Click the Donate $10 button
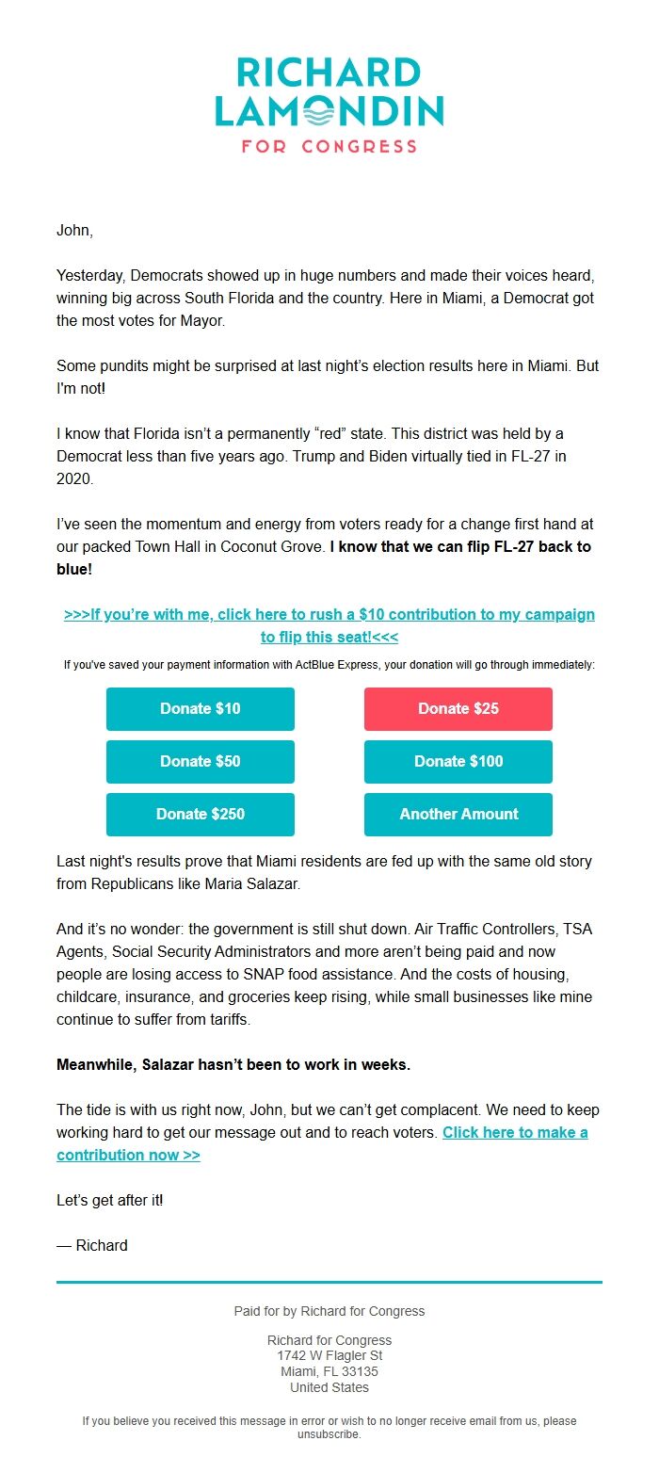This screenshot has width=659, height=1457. (x=200, y=708)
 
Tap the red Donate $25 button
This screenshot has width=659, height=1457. (x=458, y=708)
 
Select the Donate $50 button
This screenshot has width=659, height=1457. (x=200, y=761)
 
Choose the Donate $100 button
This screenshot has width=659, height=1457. (x=458, y=761)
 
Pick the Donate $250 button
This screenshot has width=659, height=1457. (x=200, y=814)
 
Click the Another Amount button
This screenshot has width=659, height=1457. (x=458, y=814)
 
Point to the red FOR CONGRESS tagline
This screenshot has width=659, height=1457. (x=329, y=147)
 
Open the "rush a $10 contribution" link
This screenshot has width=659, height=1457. (x=329, y=615)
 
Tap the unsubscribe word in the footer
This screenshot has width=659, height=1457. (x=329, y=1434)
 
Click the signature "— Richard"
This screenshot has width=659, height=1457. (x=92, y=1245)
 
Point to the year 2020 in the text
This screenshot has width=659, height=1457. (x=75, y=478)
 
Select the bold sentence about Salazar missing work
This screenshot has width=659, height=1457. (x=233, y=1064)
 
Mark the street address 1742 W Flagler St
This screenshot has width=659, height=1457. (x=329, y=1355)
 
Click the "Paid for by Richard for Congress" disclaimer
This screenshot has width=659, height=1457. (x=329, y=1311)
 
